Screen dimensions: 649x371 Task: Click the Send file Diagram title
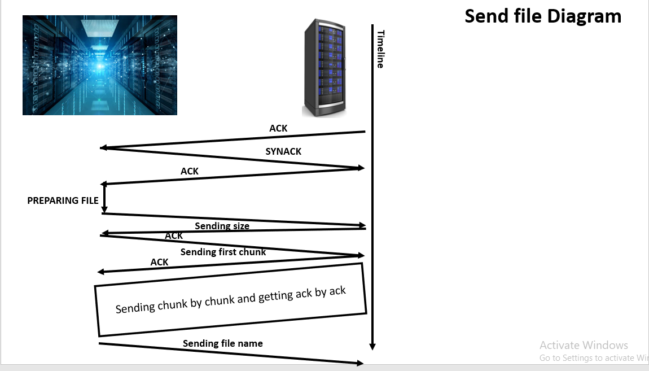[543, 16]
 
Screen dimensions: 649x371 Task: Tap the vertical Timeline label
[380, 49]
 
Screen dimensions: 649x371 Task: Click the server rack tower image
[324, 68]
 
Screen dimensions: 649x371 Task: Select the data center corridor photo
[100, 65]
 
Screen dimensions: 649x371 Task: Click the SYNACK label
[283, 151]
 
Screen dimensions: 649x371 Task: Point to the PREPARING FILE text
[63, 200]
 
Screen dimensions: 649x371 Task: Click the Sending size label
[222, 226]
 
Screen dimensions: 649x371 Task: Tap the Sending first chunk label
[223, 252]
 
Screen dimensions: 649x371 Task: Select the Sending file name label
[223, 343]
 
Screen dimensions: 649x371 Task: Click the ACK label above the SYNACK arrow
[278, 128]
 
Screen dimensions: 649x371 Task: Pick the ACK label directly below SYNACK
[190, 171]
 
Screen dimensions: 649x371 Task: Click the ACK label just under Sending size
[173, 235]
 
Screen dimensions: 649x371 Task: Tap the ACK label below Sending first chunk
[159, 262]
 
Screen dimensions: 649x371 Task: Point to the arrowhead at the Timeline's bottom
[372, 347]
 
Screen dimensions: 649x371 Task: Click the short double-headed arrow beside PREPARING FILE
[104, 199]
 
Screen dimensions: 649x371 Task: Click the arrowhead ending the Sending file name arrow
[360, 363]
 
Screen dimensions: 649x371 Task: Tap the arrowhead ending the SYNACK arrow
[361, 168]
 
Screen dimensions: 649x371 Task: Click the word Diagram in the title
[584, 16]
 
